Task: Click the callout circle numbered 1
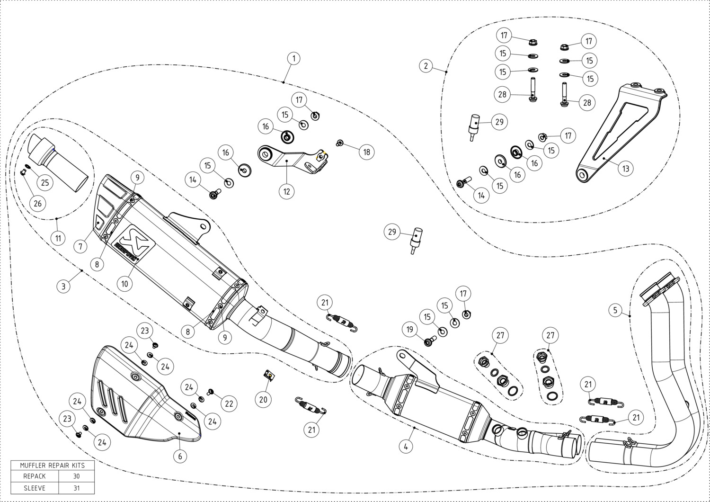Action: [294, 58]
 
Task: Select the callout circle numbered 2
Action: [426, 66]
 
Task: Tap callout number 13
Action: [625, 169]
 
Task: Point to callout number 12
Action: [286, 191]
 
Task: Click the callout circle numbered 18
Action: [366, 152]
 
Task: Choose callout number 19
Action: [410, 330]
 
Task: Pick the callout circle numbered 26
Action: [38, 204]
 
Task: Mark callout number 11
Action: [58, 238]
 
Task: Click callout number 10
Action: [124, 284]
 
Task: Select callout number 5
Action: [615, 310]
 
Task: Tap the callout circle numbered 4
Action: [406, 447]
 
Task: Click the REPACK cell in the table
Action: [35, 476]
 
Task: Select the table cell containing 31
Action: [76, 488]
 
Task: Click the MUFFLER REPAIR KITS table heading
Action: [53, 465]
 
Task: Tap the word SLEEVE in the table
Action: [35, 488]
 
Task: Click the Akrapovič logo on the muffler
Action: [134, 243]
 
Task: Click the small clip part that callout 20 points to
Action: [269, 376]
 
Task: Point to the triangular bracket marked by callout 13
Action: [621, 133]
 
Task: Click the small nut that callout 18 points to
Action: [340, 143]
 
